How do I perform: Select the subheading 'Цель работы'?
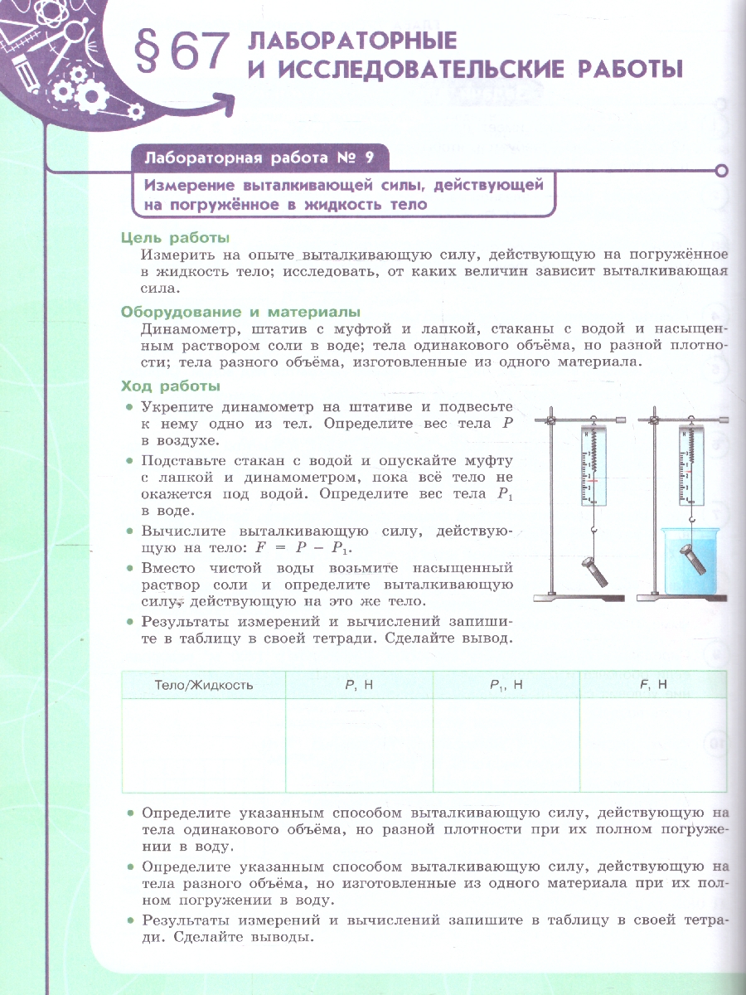coord(174,238)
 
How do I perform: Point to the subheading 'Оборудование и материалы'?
coord(240,312)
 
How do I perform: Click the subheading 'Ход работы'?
coord(170,386)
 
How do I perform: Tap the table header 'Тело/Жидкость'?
coord(204,685)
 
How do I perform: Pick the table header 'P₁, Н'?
coord(506,685)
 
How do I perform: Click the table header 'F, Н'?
coord(653,685)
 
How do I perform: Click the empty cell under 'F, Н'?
coord(653,745)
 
